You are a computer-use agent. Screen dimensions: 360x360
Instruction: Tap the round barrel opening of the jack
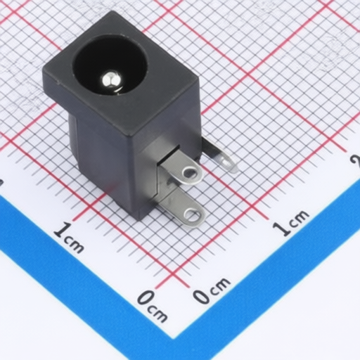pyautogui.click(x=110, y=65)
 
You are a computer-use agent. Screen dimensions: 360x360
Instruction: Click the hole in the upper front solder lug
pyautogui.click(x=190, y=173)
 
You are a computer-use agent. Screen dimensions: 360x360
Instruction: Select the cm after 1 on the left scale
pyautogui.click(x=74, y=244)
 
